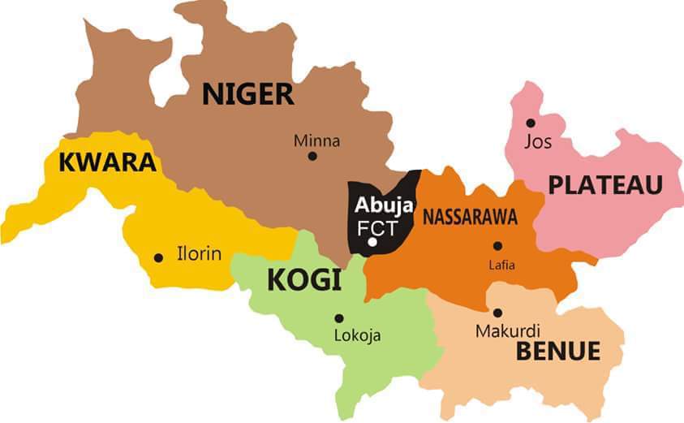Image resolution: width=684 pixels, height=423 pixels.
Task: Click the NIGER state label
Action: click(x=247, y=94)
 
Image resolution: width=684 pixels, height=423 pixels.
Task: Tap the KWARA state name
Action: click(x=106, y=163)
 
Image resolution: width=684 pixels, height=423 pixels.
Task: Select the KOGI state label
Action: click(x=303, y=281)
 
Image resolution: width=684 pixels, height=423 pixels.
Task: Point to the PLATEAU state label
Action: click(x=605, y=185)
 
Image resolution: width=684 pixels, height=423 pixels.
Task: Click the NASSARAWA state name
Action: click(x=470, y=217)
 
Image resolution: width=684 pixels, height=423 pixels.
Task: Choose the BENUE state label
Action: click(x=558, y=352)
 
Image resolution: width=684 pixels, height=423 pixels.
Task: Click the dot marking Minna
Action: click(x=312, y=156)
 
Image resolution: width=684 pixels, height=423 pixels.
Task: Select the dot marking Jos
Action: click(x=530, y=123)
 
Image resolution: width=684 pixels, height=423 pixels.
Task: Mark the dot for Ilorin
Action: click(x=158, y=258)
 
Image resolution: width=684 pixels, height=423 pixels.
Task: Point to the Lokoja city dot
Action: click(x=338, y=318)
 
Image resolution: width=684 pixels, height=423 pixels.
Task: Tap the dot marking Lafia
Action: click(x=497, y=246)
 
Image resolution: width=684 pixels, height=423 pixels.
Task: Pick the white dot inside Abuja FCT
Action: click(x=372, y=242)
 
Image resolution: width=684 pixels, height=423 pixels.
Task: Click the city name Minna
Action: click(x=316, y=141)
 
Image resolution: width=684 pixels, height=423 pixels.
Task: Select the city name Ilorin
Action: click(x=199, y=254)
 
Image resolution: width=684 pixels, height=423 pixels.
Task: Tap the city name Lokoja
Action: click(x=357, y=335)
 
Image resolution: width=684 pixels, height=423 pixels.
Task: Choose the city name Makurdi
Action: click(x=507, y=330)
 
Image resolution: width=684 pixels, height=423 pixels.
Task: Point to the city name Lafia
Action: click(x=501, y=264)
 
